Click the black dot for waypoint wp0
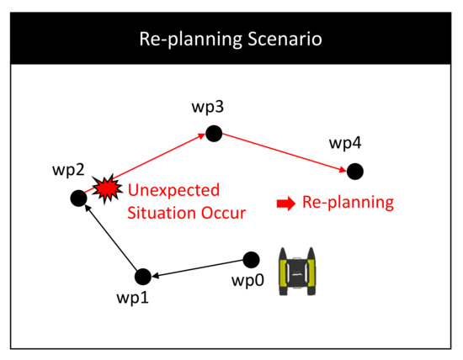click(x=252, y=260)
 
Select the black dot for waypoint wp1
click(x=143, y=277)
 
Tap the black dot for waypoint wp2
click(x=79, y=198)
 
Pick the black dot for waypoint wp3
click(x=214, y=134)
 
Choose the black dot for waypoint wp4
click(x=355, y=172)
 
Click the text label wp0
click(x=247, y=280)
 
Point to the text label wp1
click(x=132, y=298)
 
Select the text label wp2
click(x=68, y=170)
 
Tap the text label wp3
click(x=208, y=107)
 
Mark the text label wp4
click(x=345, y=143)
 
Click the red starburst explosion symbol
click(x=107, y=188)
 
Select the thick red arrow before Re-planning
click(x=286, y=204)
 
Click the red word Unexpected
click(x=173, y=190)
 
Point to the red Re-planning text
click(x=349, y=203)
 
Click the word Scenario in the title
click(x=285, y=39)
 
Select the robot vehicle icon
click(x=297, y=271)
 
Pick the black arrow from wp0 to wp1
click(x=197, y=268)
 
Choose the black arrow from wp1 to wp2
click(x=111, y=237)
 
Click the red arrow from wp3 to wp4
click(x=285, y=152)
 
